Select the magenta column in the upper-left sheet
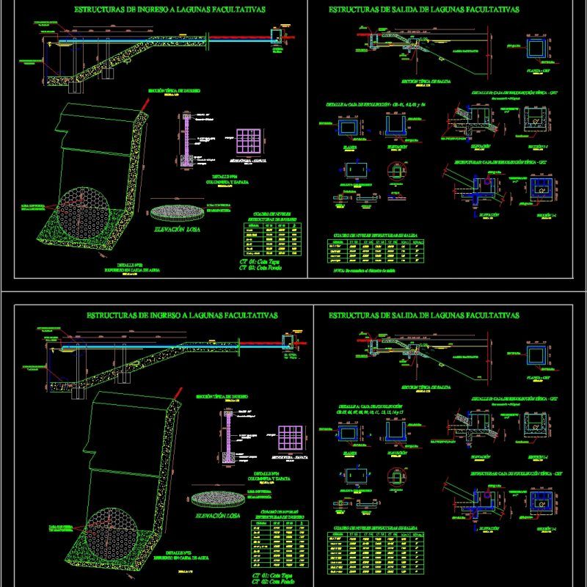pyautogui.click(x=186, y=139)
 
